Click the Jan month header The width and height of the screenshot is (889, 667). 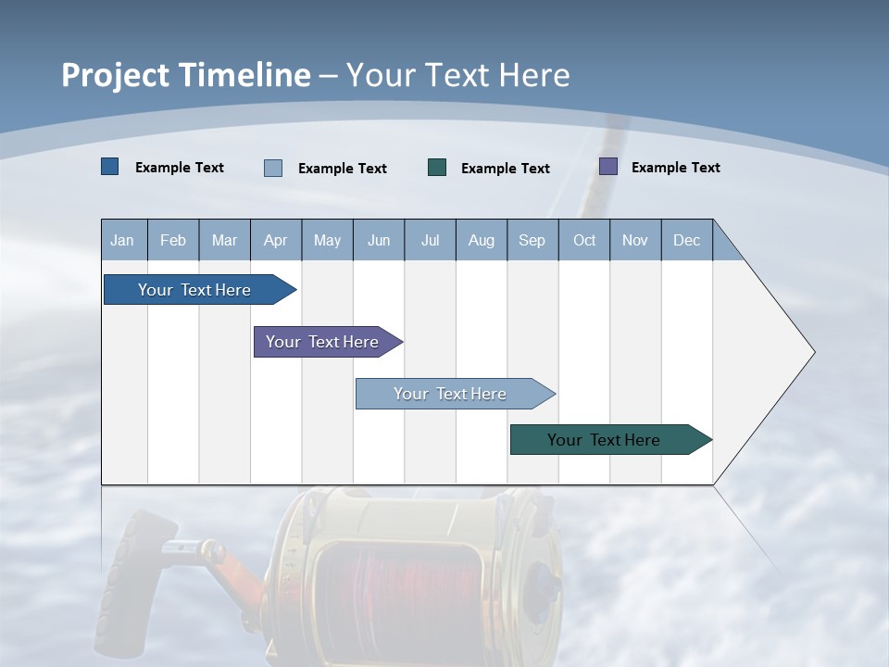tap(122, 240)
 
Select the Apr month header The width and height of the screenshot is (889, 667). tap(275, 240)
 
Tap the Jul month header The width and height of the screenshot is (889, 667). tap(430, 240)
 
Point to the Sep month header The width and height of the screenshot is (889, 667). tap(532, 240)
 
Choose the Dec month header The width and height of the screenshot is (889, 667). tap(686, 240)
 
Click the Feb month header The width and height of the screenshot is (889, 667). tap(173, 240)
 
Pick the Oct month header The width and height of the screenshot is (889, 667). tap(584, 240)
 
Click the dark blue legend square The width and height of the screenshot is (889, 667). tap(110, 167)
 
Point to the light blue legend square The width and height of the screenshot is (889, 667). tap(273, 168)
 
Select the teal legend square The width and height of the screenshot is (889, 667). tap(437, 167)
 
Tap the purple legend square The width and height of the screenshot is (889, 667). tap(608, 167)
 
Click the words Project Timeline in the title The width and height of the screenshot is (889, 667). tap(186, 75)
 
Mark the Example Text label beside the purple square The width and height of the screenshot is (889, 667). tap(675, 168)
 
